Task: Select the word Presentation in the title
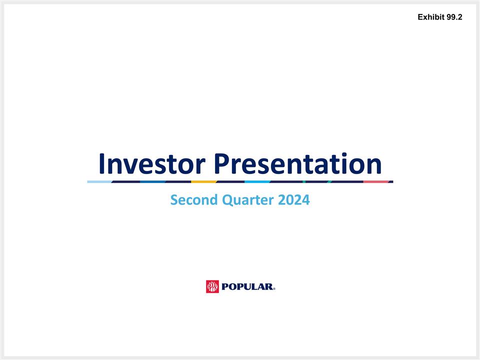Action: point(297,164)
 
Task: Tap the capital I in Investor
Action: point(101,163)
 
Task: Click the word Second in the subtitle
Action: point(193,200)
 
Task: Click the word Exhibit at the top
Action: point(431,17)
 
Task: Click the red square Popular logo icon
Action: point(212,286)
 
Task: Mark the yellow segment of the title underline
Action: point(204,181)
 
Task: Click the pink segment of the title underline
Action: point(376,181)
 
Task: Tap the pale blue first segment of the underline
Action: point(99,181)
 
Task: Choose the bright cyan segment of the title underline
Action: point(257,181)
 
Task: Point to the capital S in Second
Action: point(174,200)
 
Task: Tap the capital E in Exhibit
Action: point(420,17)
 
